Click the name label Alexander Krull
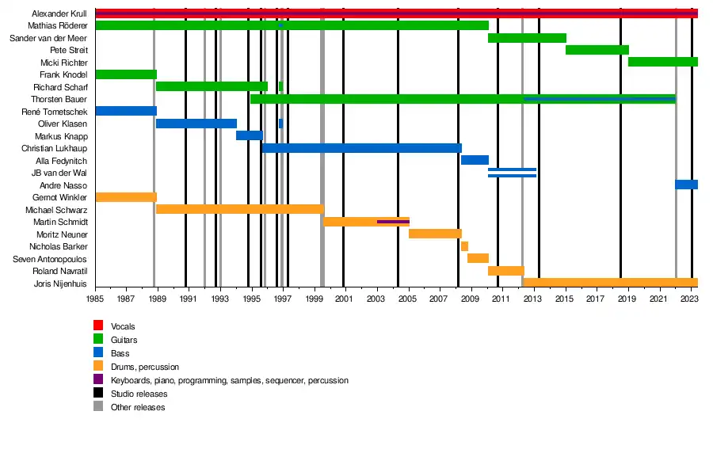(x=59, y=13)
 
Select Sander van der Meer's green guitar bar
(x=527, y=38)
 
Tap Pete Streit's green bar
(x=597, y=50)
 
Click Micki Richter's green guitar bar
(x=662, y=62)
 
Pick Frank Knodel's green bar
(x=125, y=74)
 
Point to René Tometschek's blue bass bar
(x=125, y=111)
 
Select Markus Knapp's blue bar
(x=249, y=135)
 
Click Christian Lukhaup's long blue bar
(x=361, y=148)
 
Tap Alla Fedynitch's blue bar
(x=475, y=160)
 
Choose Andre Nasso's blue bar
(x=686, y=185)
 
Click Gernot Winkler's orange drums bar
(x=125, y=197)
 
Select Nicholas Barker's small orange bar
(x=464, y=246)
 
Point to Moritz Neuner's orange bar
(x=435, y=234)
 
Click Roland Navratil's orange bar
(x=505, y=271)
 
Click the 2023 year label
(x=689, y=299)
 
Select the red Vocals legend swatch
(x=98, y=326)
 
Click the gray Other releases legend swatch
(x=98, y=407)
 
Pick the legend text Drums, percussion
(x=145, y=367)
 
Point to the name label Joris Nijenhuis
(x=60, y=284)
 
